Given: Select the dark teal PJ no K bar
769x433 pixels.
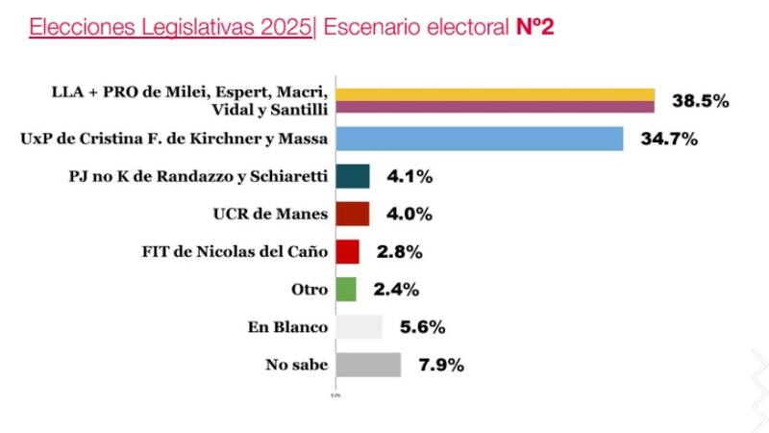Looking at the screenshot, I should point(353,176).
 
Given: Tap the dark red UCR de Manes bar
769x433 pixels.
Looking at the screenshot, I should point(352,214).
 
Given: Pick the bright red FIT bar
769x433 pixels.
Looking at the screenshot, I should point(347,251).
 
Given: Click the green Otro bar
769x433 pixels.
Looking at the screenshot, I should point(345,289).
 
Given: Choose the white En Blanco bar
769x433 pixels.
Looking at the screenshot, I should point(359,327).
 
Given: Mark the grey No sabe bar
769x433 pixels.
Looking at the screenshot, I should point(367,365).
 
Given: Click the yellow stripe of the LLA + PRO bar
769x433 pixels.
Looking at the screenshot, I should point(494,94).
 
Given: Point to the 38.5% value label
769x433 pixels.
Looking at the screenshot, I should point(699,101).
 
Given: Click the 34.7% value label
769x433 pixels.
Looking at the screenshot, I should point(670,140).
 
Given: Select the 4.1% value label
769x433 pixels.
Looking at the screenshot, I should point(411,177).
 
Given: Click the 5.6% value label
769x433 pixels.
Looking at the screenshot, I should point(423,327).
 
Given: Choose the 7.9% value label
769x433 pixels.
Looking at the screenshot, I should point(442,365).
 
